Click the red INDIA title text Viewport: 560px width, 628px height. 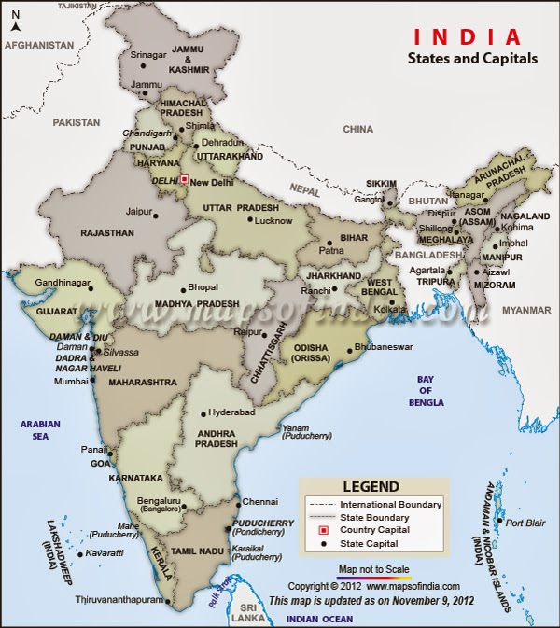coord(467,37)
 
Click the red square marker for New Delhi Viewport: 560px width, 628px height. coord(184,179)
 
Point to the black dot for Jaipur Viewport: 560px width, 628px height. coord(155,216)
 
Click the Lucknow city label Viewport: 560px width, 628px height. coord(273,221)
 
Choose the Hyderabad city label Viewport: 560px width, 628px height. coord(231,412)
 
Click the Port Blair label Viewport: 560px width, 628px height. coord(525,523)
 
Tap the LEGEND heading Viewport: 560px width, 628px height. coord(371,486)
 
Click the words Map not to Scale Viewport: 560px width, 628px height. coord(373,568)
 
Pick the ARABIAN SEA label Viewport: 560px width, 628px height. coord(41,429)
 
